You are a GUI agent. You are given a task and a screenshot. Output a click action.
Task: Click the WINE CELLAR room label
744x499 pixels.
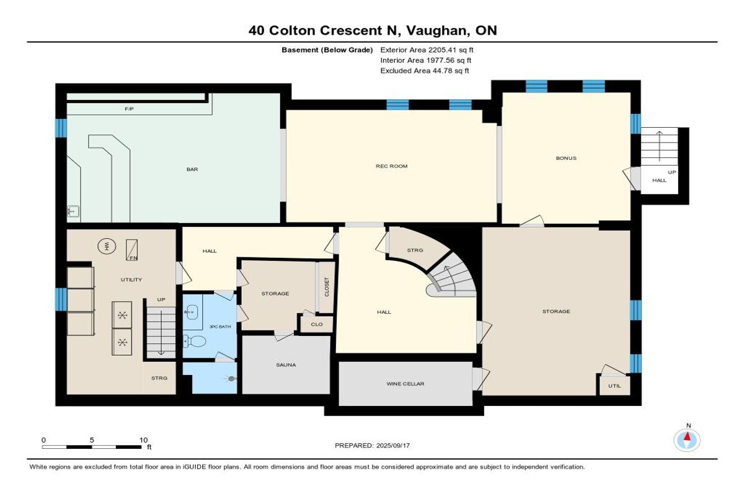click(x=405, y=384)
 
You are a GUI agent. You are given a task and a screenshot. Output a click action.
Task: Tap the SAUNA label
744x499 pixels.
click(x=286, y=365)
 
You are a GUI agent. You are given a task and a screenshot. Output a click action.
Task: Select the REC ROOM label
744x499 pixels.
click(x=392, y=166)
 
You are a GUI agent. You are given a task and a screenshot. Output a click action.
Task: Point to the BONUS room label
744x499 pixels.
click(x=566, y=158)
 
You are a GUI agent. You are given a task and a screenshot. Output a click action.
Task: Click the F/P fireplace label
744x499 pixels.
click(x=129, y=109)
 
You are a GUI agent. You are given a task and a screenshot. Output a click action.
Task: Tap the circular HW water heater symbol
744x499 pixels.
click(x=107, y=246)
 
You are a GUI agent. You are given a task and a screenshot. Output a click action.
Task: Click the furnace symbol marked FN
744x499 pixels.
click(x=132, y=250)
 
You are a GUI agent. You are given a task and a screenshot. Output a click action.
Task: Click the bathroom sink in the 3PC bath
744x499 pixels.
click(x=192, y=312)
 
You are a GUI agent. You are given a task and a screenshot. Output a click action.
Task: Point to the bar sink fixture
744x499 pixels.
click(x=73, y=211)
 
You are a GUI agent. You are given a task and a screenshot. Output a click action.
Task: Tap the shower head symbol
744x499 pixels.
click(x=231, y=379)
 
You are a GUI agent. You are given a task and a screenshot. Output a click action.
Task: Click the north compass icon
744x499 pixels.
click(x=687, y=440)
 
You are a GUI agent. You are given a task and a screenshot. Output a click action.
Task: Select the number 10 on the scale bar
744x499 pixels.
click(x=143, y=440)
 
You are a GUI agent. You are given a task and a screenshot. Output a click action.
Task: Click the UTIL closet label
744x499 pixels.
click(x=614, y=386)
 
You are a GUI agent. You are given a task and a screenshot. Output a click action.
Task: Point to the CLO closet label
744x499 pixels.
click(x=317, y=324)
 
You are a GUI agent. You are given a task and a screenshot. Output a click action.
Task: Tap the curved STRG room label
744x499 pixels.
click(x=415, y=250)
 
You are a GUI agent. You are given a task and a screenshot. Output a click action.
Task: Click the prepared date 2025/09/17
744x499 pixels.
click(x=393, y=446)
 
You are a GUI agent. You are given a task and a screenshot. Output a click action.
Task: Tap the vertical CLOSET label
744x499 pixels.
click(x=327, y=287)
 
